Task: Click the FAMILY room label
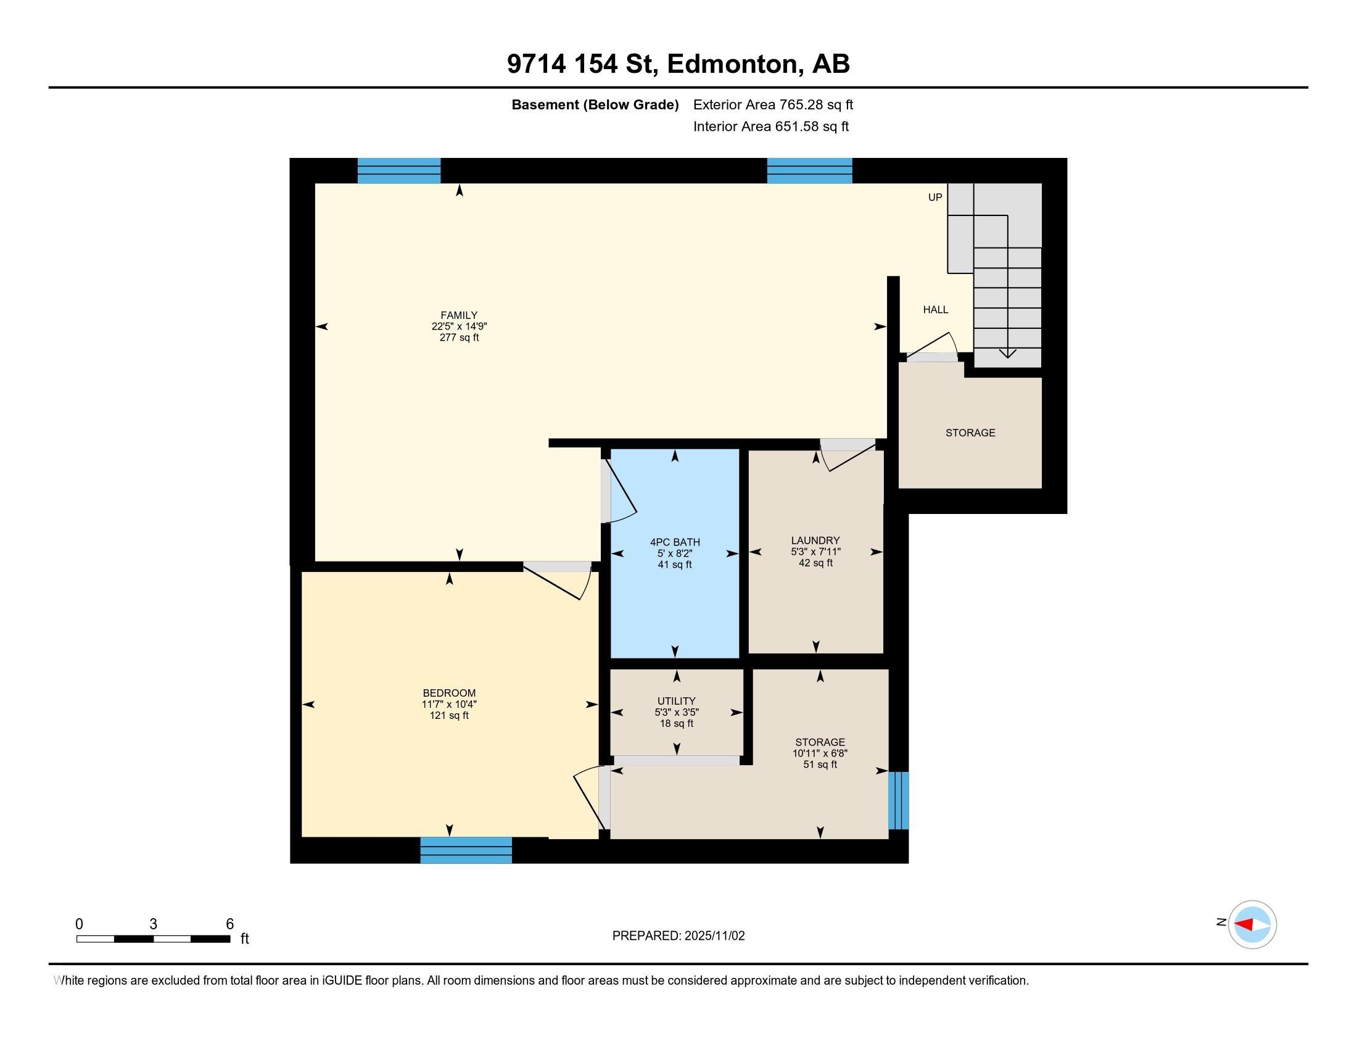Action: [x=459, y=315]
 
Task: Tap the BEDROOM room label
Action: [x=449, y=693]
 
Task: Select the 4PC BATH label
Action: [x=675, y=542]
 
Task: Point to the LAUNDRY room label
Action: [x=815, y=541]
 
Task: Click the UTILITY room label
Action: [x=677, y=701]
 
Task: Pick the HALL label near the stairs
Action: [x=936, y=310]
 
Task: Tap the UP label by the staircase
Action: [x=935, y=197]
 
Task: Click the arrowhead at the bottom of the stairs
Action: [x=1008, y=354]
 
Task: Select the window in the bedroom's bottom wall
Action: [x=466, y=850]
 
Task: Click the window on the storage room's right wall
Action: [x=899, y=800]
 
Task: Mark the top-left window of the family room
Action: [x=399, y=171]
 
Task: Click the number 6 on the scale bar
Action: [x=230, y=924]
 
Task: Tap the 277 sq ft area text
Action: [x=459, y=338]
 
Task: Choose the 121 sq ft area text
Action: [x=449, y=715]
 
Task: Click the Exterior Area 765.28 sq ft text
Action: [x=773, y=104]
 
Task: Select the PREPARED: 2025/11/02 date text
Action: [x=678, y=936]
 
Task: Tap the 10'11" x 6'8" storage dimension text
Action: [x=820, y=753]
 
